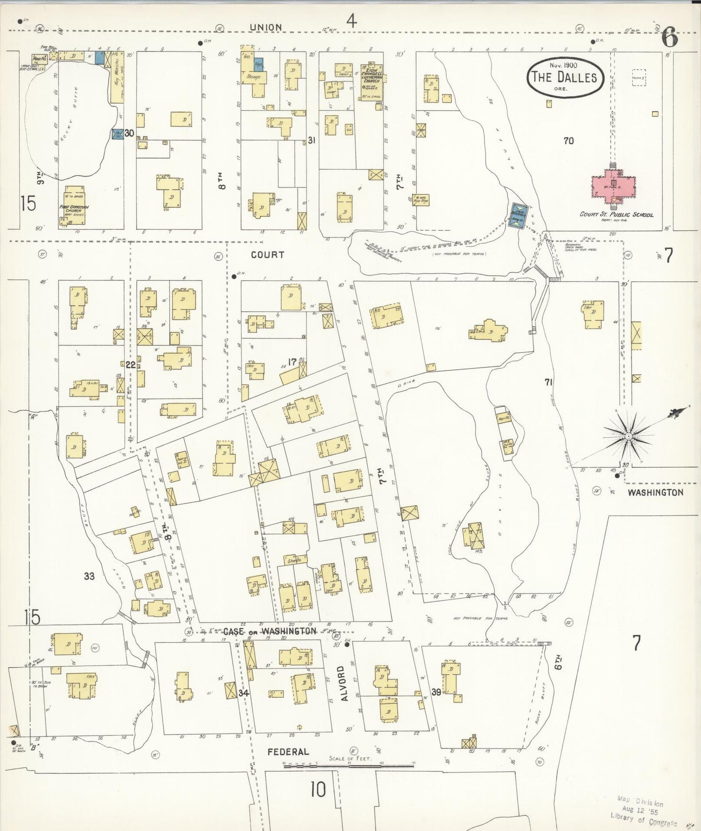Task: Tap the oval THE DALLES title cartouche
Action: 565,78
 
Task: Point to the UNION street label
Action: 266,28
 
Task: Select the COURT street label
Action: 267,255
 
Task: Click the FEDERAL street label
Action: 288,751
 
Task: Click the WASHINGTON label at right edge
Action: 655,492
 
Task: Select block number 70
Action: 569,141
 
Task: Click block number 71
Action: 548,382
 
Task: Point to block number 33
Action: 89,576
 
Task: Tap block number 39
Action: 436,692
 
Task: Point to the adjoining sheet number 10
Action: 318,790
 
